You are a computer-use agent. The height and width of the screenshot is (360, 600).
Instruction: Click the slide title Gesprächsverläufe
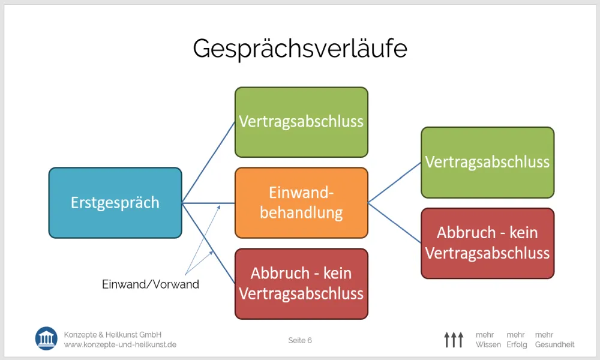[x=300, y=49]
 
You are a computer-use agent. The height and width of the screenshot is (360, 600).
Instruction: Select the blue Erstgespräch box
[x=115, y=203]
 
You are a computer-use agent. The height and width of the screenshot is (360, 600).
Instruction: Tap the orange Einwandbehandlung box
[x=302, y=203]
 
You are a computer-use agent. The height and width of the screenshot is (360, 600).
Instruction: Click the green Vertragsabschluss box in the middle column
[x=302, y=122]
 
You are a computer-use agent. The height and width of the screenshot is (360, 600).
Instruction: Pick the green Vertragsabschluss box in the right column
[x=487, y=163]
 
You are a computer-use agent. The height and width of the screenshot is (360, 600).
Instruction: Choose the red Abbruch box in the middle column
[x=302, y=284]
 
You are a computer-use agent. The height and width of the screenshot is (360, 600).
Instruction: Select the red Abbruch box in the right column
[x=487, y=244]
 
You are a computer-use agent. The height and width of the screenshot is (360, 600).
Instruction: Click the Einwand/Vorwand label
[x=151, y=284]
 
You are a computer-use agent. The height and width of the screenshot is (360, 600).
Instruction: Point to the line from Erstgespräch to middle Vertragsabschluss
[x=209, y=162]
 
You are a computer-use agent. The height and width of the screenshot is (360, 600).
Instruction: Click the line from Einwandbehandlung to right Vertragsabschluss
[x=395, y=182]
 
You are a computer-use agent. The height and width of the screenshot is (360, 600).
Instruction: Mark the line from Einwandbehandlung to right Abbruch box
[x=395, y=223]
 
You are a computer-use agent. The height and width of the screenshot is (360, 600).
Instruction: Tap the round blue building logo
[x=46, y=338]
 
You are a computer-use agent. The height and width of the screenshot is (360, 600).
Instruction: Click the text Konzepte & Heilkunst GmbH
[x=113, y=335]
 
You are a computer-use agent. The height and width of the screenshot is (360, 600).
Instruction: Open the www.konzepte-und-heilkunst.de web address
[x=120, y=344]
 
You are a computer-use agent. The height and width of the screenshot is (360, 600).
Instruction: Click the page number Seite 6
[x=300, y=340]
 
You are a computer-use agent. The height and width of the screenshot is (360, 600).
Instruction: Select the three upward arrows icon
[x=454, y=340]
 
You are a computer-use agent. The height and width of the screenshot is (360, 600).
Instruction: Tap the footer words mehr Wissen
[x=488, y=340]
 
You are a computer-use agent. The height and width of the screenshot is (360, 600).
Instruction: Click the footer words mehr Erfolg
[x=517, y=340]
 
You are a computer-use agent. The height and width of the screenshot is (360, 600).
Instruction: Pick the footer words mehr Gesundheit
[x=555, y=340]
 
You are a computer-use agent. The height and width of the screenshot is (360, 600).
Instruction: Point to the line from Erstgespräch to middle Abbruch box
[x=209, y=244]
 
